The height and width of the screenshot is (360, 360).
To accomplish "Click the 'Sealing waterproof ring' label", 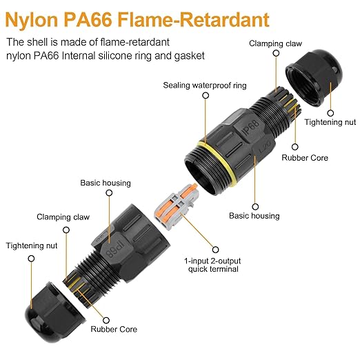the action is pyautogui.click(x=205, y=86).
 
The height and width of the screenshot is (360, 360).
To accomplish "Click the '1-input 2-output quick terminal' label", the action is pyautogui.click(x=212, y=265).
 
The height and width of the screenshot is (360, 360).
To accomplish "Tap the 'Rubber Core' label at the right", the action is pyautogui.click(x=305, y=158).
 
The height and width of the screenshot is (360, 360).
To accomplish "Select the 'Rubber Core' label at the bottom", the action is pyautogui.click(x=114, y=329).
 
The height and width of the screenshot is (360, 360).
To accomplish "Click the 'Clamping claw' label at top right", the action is pyautogui.click(x=275, y=43).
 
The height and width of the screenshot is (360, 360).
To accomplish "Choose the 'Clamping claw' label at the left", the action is pyautogui.click(x=63, y=217).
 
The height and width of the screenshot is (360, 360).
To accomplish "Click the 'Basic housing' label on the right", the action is pyautogui.click(x=254, y=216).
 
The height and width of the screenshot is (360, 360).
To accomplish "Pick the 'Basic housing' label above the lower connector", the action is pyautogui.click(x=106, y=183).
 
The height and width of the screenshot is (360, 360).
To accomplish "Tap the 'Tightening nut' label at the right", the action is pyautogui.click(x=330, y=122).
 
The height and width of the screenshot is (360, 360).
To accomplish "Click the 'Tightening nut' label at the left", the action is pyautogui.click(x=32, y=246).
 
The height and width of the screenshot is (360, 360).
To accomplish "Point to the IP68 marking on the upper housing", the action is pyautogui.click(x=250, y=128).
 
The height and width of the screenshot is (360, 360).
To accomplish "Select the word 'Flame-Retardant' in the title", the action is pyautogui.click(x=193, y=20).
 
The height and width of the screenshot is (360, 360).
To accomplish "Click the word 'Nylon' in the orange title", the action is pyautogui.click(x=31, y=21).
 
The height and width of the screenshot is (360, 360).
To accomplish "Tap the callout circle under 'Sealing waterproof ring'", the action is pyautogui.click(x=206, y=95).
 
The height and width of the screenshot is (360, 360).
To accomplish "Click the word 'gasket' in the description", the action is pyautogui.click(x=190, y=56).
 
